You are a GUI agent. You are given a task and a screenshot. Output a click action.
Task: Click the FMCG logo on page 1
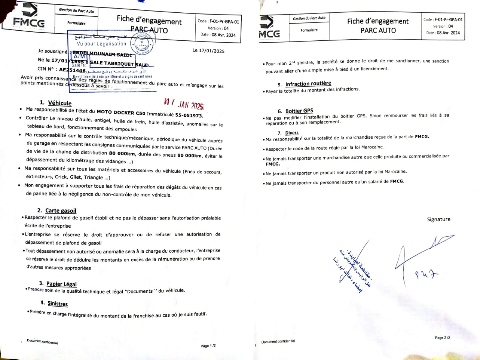tap(29, 19)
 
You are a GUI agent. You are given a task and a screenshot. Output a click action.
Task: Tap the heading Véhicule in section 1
tap(60, 103)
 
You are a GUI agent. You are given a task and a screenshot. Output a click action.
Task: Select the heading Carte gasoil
tap(61, 210)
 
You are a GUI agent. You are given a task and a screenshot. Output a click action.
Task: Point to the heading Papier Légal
tap(61, 284)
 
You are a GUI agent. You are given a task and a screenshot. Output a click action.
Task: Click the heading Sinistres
tap(58, 304)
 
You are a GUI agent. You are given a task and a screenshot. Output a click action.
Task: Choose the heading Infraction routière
tap(308, 84)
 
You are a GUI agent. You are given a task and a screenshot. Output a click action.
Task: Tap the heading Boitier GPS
tap(299, 111)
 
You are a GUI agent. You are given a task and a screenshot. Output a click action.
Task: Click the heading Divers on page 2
tap(292, 133)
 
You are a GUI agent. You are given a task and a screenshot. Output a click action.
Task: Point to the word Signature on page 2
tap(438, 219)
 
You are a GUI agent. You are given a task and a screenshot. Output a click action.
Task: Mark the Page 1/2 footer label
tap(208, 346)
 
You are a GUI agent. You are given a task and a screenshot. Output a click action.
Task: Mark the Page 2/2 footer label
tap(443, 338)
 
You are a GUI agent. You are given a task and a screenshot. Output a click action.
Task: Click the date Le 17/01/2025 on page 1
tap(208, 50)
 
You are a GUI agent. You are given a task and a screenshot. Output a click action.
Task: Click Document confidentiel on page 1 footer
tap(42, 341)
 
